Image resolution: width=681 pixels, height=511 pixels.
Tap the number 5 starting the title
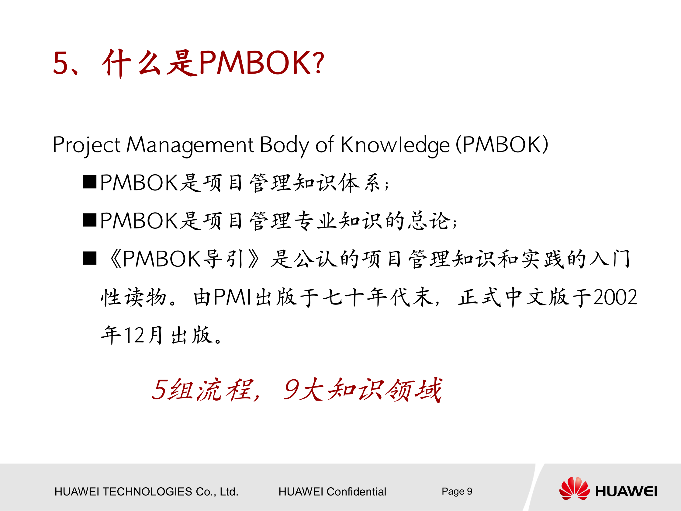pos(60,64)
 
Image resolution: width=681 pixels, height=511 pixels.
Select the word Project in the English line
pos(87,145)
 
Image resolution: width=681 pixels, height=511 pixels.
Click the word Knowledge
pos(395,145)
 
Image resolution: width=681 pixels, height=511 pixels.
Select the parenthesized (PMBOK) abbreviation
pos(502,144)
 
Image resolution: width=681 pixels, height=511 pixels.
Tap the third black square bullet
pos(90,258)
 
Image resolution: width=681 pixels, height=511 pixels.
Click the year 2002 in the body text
pos(615,297)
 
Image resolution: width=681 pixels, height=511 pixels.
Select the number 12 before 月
pos(134,335)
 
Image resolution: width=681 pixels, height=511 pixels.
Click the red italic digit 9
pos(291,390)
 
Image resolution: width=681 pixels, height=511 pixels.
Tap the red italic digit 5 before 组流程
pos(160,390)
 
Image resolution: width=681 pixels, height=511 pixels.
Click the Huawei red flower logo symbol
pos(574,488)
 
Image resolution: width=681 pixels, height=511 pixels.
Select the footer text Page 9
pos(457,491)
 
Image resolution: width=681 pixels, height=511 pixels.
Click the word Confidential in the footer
pos(356,492)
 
